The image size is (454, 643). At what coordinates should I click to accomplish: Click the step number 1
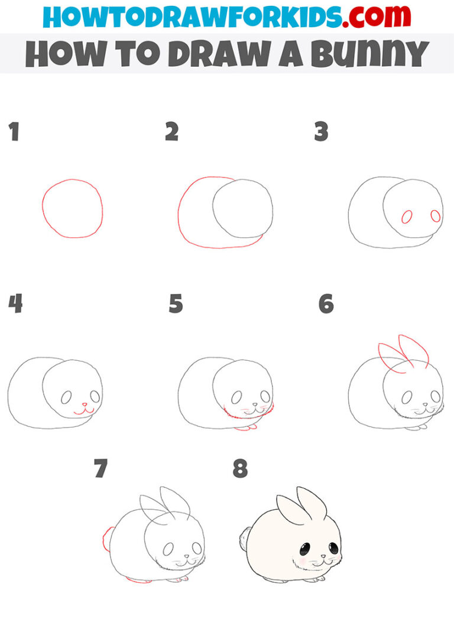pos(14,132)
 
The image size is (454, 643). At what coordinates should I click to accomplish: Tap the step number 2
pos(171,132)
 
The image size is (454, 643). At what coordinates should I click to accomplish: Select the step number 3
pos(321,132)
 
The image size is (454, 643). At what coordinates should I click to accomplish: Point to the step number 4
pos(15,304)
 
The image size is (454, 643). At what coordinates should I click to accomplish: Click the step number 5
pos(176,304)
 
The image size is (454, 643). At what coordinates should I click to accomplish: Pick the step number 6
pos(326,304)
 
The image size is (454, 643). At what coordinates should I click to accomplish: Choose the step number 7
pos(100,469)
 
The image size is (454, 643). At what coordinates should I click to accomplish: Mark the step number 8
pos(239,469)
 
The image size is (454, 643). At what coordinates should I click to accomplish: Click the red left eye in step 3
pos(407,217)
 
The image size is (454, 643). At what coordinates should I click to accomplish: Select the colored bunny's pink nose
pos(323,556)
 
